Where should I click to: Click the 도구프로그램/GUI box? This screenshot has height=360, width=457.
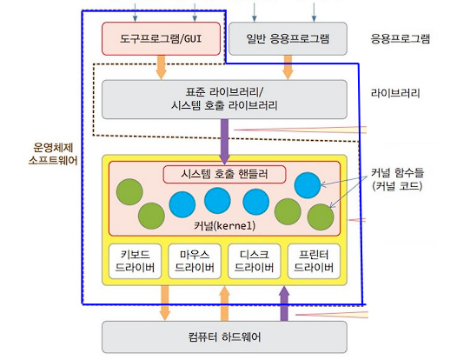coord(161,38)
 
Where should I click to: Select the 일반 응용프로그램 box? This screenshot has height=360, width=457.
coord(288,38)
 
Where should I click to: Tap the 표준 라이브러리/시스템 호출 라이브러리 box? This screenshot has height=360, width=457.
coord(224,99)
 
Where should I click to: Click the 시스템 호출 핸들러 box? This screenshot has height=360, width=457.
coord(224,174)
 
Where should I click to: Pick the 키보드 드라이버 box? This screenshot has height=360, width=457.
coord(135,261)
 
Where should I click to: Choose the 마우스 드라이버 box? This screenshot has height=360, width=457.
coord(195,261)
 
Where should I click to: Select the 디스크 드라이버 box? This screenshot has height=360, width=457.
coord(255,261)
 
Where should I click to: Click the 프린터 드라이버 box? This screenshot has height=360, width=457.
coord(314,261)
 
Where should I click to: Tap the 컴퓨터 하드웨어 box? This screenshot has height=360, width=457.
coord(224,337)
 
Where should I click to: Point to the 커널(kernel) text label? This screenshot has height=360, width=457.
coord(224,225)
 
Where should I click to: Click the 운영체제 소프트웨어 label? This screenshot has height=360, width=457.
coord(53,154)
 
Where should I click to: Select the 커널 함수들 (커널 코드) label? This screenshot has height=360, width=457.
coord(397,179)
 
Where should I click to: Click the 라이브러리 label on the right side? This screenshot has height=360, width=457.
coord(395,93)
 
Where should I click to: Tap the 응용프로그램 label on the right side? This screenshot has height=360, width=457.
coord(401,38)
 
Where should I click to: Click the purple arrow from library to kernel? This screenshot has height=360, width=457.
coord(224,142)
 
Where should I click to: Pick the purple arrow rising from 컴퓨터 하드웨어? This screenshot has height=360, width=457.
coord(284,303)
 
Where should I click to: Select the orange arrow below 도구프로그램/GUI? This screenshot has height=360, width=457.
coord(161,67)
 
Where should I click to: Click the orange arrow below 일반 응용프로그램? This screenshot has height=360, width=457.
coord(288,67)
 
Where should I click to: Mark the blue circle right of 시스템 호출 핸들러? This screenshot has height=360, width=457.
coord(308,185)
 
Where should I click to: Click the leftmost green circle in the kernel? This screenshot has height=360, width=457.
coord(129,192)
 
